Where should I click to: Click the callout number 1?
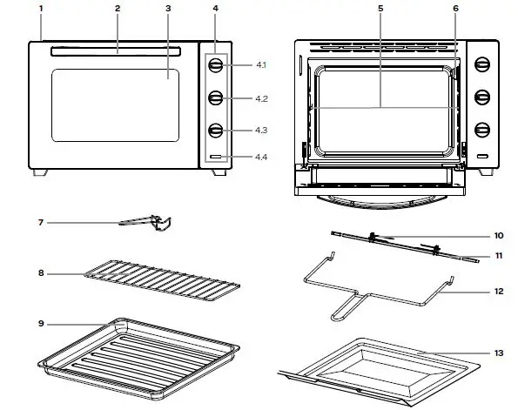click(40, 8)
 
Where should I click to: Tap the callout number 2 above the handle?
click(118, 8)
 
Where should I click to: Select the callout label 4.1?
click(260, 66)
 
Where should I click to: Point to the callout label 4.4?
click(261, 158)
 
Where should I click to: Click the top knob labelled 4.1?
click(215, 66)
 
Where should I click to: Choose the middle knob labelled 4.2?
click(215, 98)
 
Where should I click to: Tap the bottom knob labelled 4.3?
click(215, 131)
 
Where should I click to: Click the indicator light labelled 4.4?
click(215, 158)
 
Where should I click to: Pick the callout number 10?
click(499, 236)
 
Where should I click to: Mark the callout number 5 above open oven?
click(380, 8)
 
